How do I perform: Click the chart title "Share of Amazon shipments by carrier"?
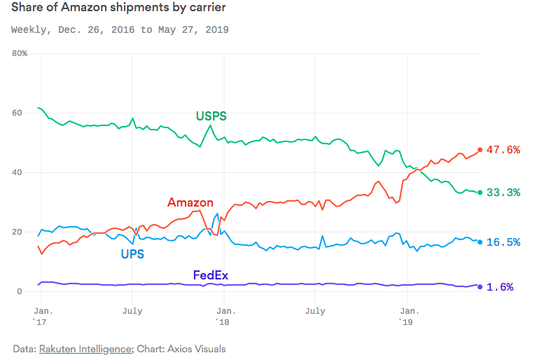pos(118,9)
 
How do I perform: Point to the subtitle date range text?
pos(120,30)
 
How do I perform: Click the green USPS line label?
pos(211,116)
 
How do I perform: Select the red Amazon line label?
pos(190,203)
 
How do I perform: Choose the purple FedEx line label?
pos(210,275)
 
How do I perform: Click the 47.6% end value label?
pos(503,150)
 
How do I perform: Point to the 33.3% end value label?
pos(503,193)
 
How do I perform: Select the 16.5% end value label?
pos(503,242)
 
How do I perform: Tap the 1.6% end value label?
pos(500,287)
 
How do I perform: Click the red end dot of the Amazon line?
pos(480,149)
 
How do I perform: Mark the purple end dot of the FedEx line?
pos(480,286)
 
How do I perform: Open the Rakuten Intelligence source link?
pos(85,348)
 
